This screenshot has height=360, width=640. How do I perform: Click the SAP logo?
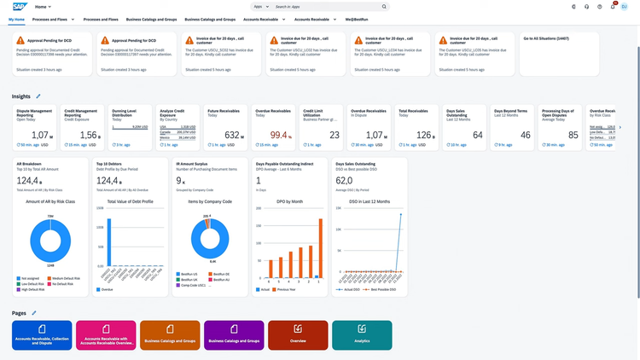click(18, 6)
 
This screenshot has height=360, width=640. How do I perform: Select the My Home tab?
click(16, 18)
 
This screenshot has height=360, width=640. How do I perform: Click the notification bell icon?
click(612, 6)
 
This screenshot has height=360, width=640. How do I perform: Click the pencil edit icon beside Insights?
click(38, 96)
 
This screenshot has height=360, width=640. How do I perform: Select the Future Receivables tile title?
click(224, 111)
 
